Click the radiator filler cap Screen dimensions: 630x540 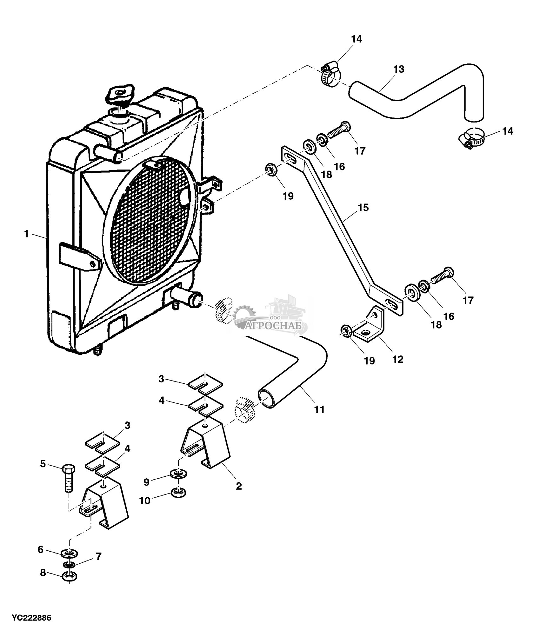click(x=120, y=94)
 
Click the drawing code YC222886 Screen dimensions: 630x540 click(x=32, y=618)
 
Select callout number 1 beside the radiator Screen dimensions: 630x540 click(x=27, y=234)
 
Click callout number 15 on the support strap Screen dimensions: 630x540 click(x=363, y=208)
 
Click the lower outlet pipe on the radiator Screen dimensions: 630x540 click(x=187, y=298)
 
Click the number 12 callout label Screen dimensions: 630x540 click(x=398, y=359)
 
